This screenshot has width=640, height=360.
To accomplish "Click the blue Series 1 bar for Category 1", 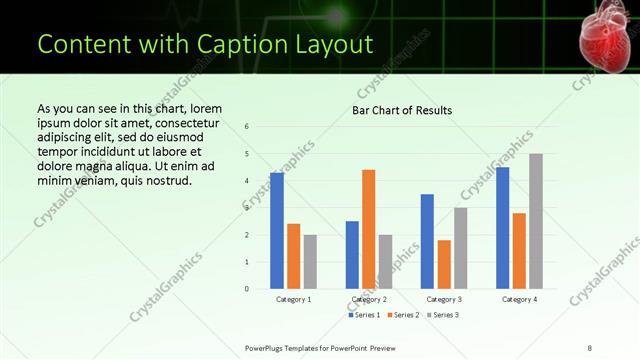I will coord(277,231).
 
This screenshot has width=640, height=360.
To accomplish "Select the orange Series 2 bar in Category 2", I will coord(368,229).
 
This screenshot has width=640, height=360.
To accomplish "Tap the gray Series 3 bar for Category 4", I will coord(536,221).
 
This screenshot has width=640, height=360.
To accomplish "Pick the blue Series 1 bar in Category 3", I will coord(427,241).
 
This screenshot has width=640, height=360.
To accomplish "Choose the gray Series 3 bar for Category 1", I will coord(310,262).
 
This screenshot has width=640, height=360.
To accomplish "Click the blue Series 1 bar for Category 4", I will coord(502,228).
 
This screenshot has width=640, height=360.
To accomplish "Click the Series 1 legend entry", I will coord(364,315).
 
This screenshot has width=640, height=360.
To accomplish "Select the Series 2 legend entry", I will coord(402,315).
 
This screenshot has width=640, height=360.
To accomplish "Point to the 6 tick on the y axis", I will coord(247,126).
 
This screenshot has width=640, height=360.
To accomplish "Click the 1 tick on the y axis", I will coord(247,262).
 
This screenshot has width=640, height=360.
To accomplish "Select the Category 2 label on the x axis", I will coord(369,299).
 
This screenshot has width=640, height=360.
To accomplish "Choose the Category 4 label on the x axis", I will coord(519,299).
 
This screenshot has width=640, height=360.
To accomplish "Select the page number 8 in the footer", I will coord(590,347).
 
